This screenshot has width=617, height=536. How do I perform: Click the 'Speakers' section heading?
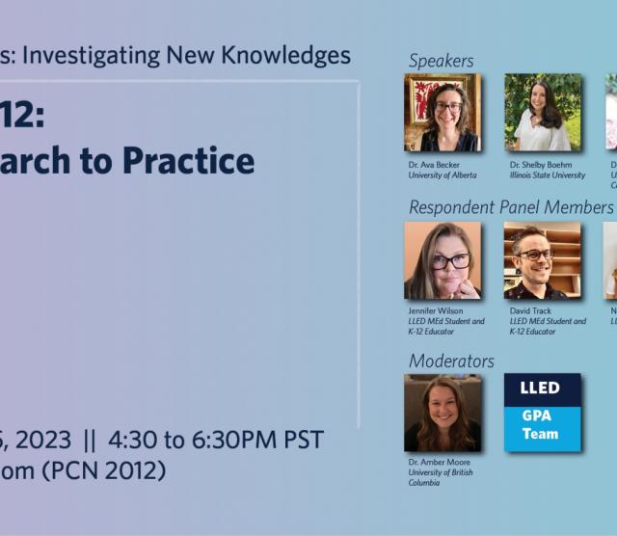click(441, 61)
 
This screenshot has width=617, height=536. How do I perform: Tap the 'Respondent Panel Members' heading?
click(510, 207)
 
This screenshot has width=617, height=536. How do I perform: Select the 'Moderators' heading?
click(451, 361)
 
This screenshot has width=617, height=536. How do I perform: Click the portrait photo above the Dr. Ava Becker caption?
click(443, 113)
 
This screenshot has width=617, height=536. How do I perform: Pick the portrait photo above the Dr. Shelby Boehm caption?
click(543, 113)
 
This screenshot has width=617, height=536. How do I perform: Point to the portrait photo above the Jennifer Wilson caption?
click(443, 260)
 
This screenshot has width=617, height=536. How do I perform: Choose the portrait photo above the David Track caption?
click(543, 260)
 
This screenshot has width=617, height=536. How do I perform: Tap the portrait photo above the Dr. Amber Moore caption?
click(443, 413)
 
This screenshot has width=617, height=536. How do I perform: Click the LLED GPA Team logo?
click(543, 413)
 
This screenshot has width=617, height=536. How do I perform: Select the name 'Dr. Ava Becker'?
click(434, 165)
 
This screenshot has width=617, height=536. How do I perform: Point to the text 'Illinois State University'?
click(548, 175)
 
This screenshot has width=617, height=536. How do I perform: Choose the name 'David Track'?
click(531, 311)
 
